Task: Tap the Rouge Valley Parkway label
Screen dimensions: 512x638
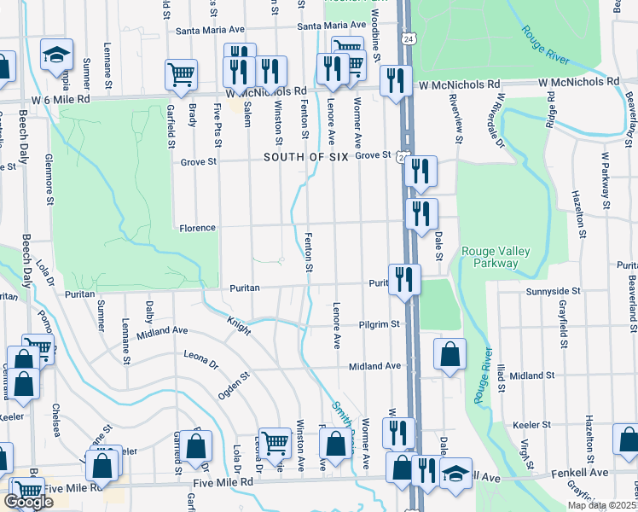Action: tap(496, 257)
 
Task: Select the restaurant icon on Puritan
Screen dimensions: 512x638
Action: tap(403, 279)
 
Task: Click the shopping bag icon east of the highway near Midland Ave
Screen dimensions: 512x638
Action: tap(449, 354)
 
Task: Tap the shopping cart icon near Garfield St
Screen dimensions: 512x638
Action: tap(181, 76)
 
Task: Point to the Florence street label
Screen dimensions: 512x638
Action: tap(197, 229)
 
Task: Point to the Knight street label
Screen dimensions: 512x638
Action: tap(238, 326)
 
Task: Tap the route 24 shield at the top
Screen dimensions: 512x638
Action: tap(409, 40)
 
